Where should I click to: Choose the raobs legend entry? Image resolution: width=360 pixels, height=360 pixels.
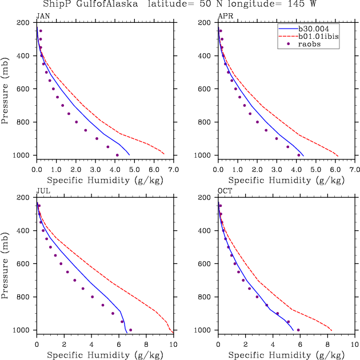coord(312,44)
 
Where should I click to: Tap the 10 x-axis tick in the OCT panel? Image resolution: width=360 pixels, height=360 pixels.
coord(355,345)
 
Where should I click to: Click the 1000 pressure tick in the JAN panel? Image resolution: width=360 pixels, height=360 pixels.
coord(23,155)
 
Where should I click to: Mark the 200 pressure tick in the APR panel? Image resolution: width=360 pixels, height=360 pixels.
coord(206,23)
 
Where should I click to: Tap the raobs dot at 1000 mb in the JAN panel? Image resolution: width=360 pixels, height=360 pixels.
coord(117,155)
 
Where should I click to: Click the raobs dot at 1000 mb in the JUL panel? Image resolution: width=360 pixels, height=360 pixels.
coord(131,330)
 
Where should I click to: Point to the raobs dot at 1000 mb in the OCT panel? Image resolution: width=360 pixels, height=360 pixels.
coord(298,330)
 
